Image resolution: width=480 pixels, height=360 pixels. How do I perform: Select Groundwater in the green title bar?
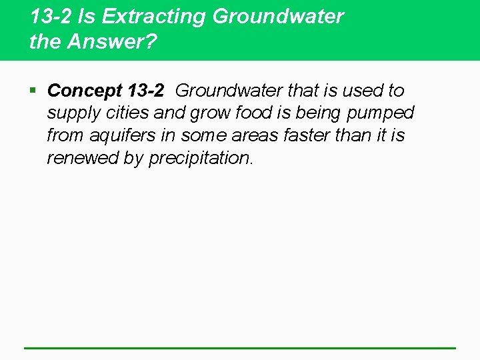[278, 17]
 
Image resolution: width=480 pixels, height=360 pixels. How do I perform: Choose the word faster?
[311, 136]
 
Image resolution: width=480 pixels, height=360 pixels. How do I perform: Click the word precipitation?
[201, 159]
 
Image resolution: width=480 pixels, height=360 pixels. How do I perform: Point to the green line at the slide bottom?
[240, 348]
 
